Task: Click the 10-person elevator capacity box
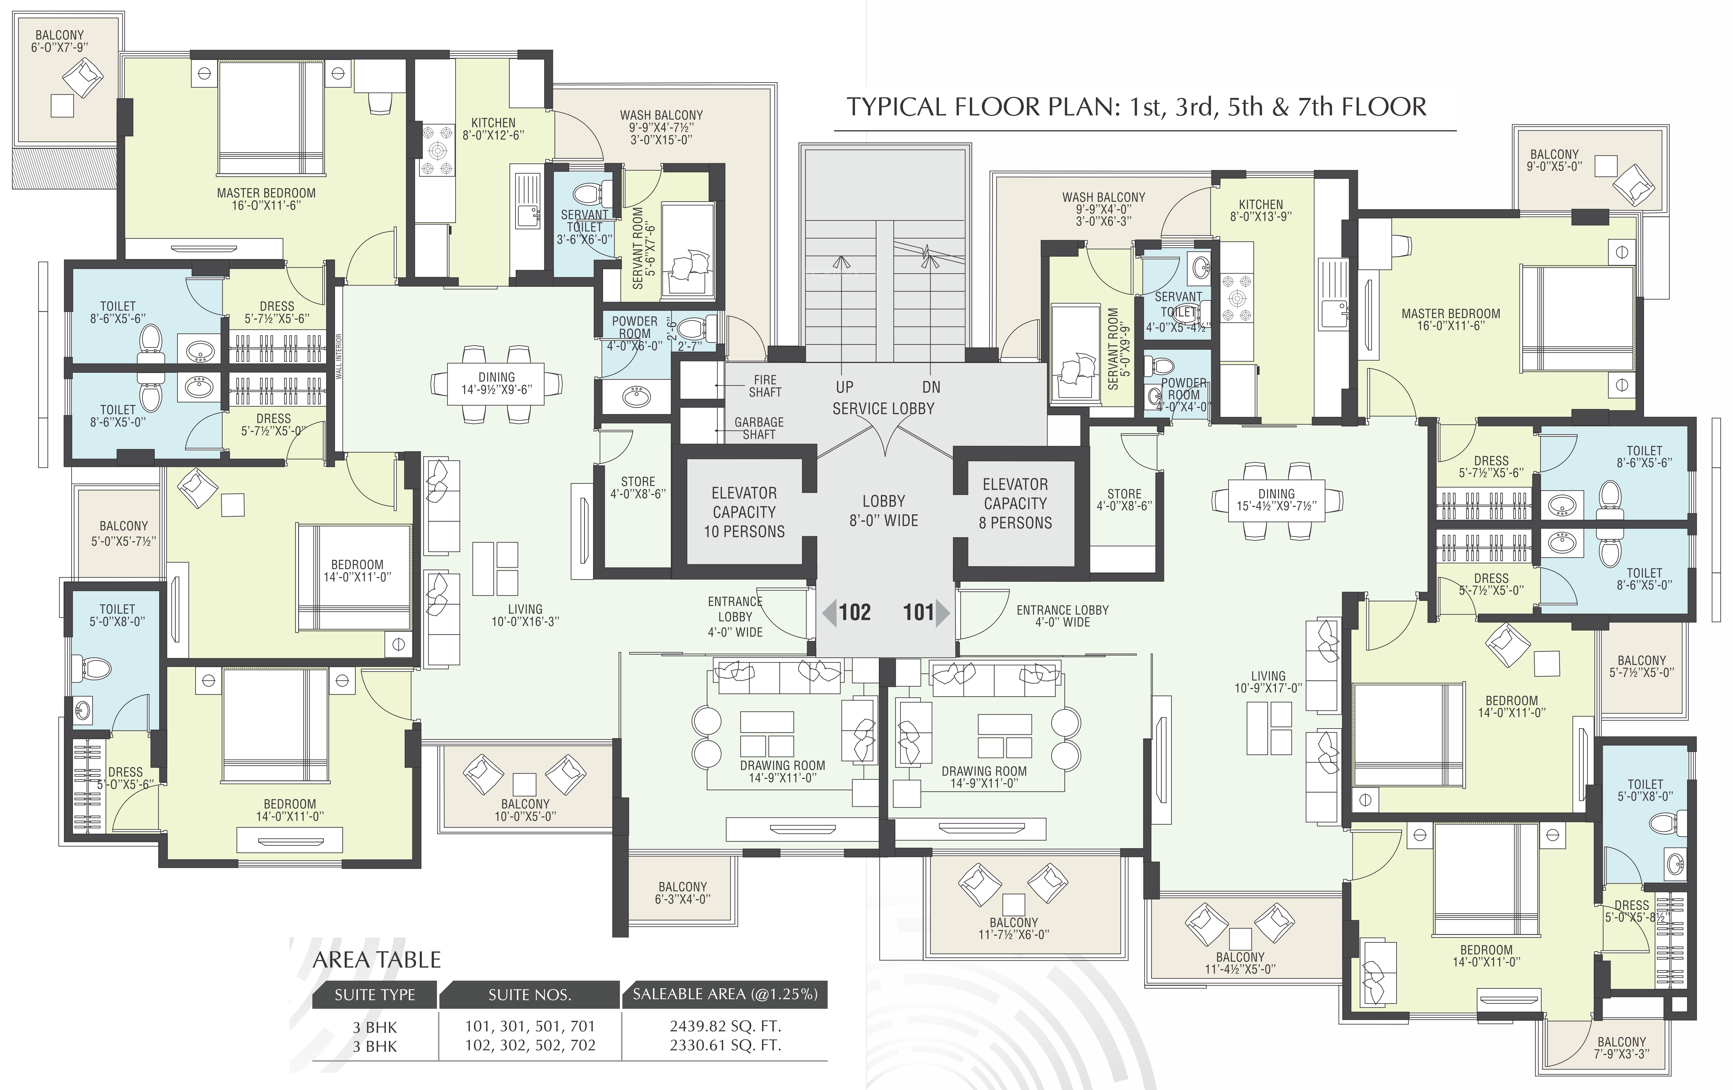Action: tap(744, 512)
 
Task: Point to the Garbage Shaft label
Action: tap(759, 428)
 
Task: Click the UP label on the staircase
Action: tap(845, 387)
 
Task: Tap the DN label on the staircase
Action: tap(931, 387)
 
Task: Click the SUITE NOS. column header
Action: tap(530, 995)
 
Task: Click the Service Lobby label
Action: tap(883, 409)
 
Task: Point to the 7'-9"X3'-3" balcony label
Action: tap(1621, 1054)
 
